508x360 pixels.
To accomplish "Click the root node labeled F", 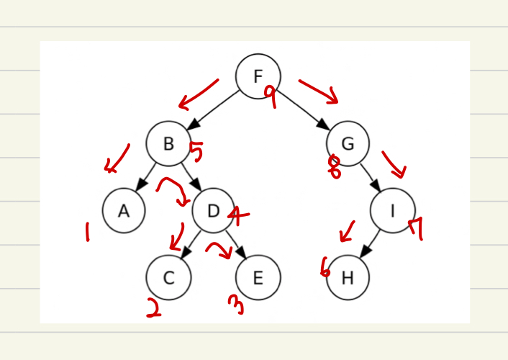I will (258, 76).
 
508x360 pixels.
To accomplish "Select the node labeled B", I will (168, 143).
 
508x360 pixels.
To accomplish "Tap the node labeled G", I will (348, 143).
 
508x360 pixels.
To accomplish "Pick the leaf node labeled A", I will (124, 210).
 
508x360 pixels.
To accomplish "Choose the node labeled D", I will (213, 210).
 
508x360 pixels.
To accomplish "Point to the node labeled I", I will (392, 210).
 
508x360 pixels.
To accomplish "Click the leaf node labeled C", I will (168, 277).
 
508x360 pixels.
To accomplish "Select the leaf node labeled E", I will (258, 277).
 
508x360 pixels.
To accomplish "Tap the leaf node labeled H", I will (348, 277).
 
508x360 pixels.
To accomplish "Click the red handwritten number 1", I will (87, 231).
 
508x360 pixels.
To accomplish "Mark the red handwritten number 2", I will (153, 307).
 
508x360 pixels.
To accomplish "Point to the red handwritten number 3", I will (236, 305).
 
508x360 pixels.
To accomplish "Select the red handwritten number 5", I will (196, 152).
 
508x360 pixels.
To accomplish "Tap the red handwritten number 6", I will (325, 268).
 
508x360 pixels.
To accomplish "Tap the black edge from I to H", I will (371, 243).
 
